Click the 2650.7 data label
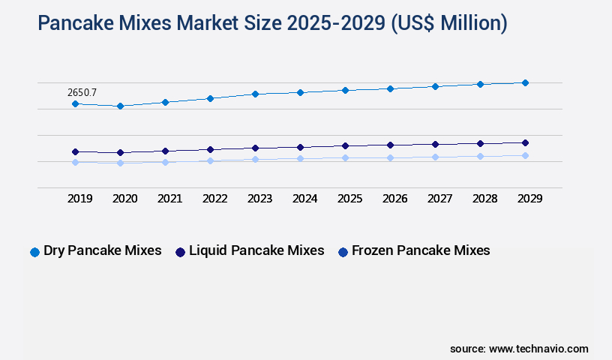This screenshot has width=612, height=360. (82, 92)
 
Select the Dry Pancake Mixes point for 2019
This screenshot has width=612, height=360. (75, 103)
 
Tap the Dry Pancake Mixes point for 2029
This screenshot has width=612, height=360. (525, 82)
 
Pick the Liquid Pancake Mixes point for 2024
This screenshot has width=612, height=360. (300, 147)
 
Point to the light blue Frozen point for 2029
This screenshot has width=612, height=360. (525, 155)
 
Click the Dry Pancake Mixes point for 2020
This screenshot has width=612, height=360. (120, 106)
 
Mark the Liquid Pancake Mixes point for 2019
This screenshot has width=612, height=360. (75, 151)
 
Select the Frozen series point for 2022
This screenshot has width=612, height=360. (210, 160)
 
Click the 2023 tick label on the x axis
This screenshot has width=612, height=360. (259, 199)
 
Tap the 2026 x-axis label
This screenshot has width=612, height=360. (394, 199)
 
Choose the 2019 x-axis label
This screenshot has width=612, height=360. (79, 199)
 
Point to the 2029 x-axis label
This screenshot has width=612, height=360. (529, 199)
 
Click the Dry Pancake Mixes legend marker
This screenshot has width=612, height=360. (34, 252)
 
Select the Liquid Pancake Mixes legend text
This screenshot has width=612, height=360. (256, 250)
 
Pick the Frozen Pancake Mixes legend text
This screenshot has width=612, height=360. (421, 250)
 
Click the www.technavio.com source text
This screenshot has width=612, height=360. (538, 349)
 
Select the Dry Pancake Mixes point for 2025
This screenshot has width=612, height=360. (345, 90)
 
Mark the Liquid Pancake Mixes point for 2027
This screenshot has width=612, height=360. (435, 144)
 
